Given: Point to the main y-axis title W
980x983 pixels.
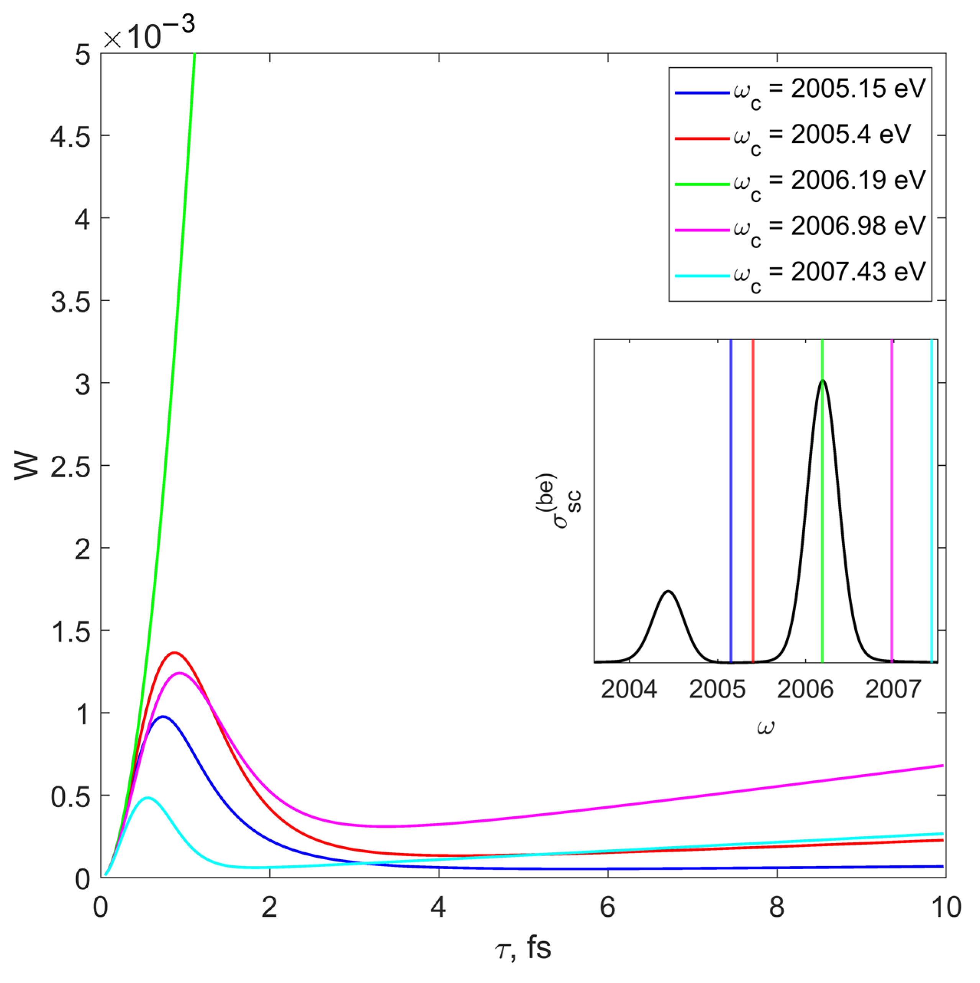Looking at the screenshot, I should tap(26, 465).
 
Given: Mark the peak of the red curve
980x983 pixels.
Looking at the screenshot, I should tap(175, 653).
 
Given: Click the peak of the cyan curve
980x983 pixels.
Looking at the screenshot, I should tap(147, 798).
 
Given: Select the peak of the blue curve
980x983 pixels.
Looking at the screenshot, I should tap(163, 717).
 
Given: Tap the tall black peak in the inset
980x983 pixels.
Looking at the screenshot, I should tap(823, 380).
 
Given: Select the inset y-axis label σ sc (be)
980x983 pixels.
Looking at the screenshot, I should tap(558, 501).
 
